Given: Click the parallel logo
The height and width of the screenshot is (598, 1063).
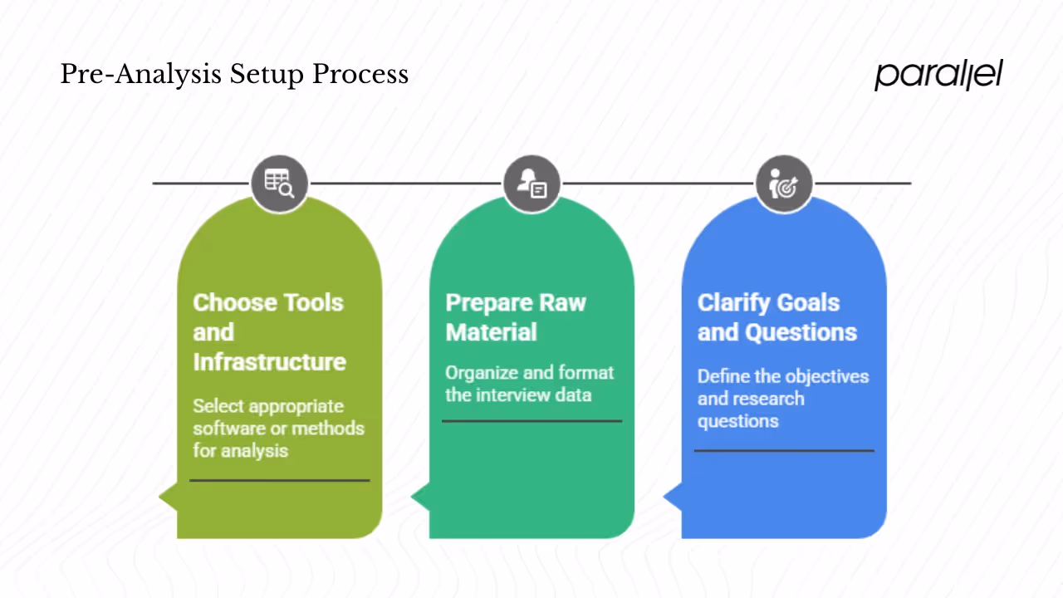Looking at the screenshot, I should click(938, 75).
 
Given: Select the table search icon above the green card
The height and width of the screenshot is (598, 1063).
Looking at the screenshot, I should click(279, 184).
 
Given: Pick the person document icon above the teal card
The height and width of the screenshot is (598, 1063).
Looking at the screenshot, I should click(531, 184).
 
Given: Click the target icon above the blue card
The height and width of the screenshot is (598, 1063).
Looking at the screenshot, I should click(783, 184).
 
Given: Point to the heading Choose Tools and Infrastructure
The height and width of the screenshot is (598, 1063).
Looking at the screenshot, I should click(269, 332).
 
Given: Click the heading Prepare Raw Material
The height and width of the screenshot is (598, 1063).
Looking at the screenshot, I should click(515, 317).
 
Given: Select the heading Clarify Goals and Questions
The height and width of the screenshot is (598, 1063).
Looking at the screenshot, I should click(776, 317).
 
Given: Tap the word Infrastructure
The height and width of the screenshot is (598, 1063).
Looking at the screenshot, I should click(269, 362).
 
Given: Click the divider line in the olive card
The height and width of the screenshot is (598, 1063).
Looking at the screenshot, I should click(279, 480).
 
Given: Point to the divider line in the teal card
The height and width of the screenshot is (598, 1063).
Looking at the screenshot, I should click(531, 421).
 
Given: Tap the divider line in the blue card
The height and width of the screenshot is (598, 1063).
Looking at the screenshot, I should click(783, 451).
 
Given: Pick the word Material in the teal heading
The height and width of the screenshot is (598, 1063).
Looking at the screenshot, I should click(491, 332).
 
